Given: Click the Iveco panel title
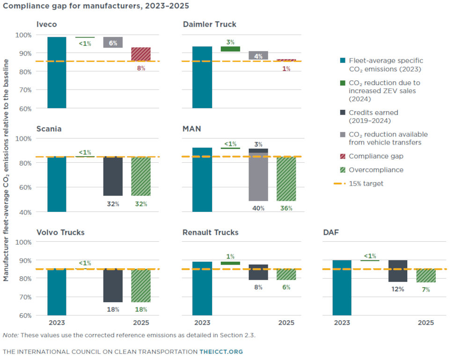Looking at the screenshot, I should (47, 24).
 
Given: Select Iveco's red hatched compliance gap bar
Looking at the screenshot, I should (140, 54).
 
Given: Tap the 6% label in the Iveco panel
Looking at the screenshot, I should (113, 43).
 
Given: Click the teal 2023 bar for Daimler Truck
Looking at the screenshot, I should (202, 77).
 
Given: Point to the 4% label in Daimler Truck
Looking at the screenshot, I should (258, 57).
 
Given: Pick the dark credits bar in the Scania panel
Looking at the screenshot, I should (113, 176).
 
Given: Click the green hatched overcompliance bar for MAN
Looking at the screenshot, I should (286, 179).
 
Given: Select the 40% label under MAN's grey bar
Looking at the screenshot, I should (258, 208).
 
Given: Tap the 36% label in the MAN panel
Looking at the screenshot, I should (286, 208).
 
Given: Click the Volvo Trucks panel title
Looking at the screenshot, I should (60, 232).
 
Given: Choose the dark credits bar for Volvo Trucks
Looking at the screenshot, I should (113, 286).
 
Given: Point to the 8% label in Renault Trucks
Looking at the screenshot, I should (258, 287).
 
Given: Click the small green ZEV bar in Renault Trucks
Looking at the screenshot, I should (230, 263).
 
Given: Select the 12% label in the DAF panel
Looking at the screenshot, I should (398, 289).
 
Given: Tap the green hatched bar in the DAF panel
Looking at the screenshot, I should (426, 276).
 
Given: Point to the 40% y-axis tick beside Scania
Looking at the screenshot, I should (25, 212).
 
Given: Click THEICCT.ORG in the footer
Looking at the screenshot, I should (221, 352).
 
